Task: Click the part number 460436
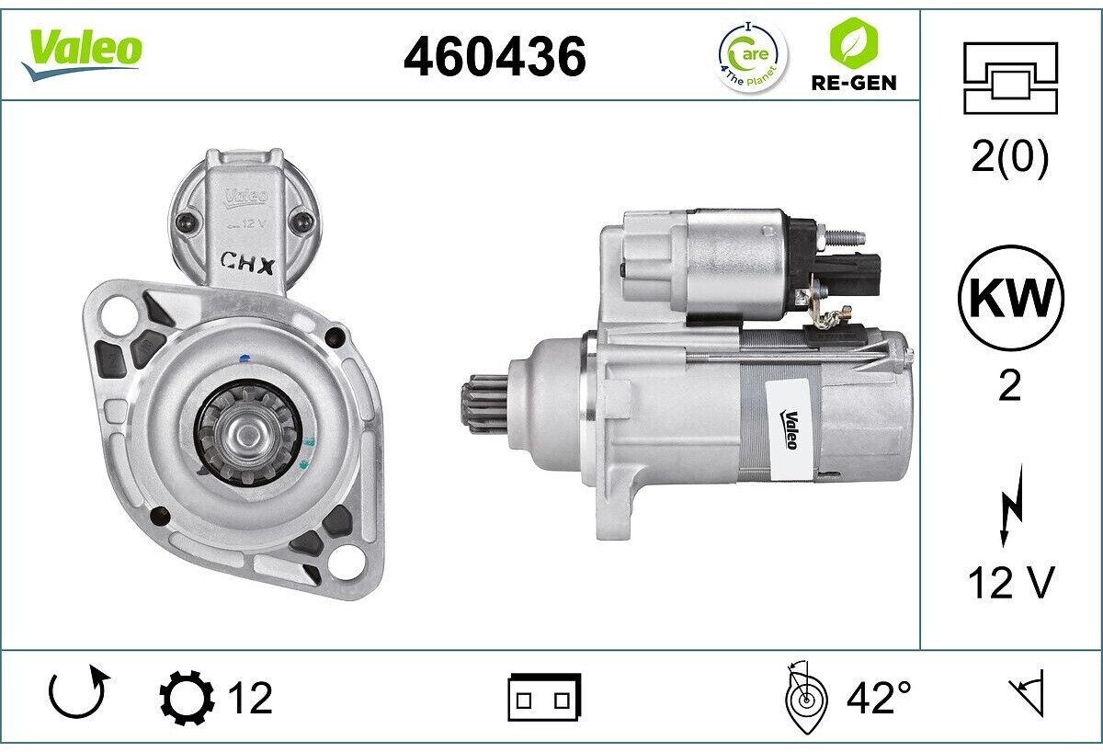(x=495, y=58)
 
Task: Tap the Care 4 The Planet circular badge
(x=751, y=56)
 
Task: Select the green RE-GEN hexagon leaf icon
(x=853, y=43)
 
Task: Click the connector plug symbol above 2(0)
(x=1009, y=78)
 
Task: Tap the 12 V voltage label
(x=1010, y=583)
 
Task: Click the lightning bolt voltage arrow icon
(x=1010, y=514)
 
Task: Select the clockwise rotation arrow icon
(x=79, y=696)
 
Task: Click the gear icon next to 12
(x=187, y=698)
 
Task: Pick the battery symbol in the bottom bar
(x=544, y=698)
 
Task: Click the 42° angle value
(x=878, y=698)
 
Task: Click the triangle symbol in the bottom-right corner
(x=1029, y=696)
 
